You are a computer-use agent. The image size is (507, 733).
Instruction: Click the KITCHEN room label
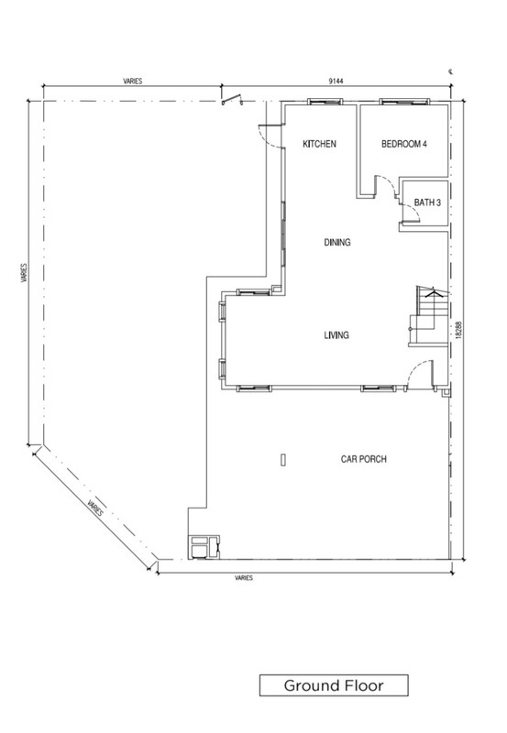click(319, 144)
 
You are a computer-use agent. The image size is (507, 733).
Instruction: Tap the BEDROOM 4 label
click(404, 144)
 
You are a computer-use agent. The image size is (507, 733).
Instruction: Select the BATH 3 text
click(427, 202)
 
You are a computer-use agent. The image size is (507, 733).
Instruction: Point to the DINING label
click(336, 242)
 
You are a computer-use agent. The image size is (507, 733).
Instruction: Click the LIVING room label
click(336, 334)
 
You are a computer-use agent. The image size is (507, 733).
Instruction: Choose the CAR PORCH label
click(363, 459)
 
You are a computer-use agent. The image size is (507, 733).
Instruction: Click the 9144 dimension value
click(336, 81)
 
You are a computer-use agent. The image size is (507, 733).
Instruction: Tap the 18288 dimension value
click(458, 330)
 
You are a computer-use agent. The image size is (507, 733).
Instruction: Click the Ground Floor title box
click(334, 685)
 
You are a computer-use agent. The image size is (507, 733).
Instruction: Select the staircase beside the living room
click(429, 316)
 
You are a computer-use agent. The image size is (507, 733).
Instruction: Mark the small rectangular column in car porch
click(283, 460)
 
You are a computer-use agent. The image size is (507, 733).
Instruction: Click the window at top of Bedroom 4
click(404, 101)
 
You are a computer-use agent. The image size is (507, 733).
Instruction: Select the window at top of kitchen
click(325, 101)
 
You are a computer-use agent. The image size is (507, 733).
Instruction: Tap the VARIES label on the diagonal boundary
click(95, 508)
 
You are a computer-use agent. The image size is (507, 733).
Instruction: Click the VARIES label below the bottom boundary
click(244, 578)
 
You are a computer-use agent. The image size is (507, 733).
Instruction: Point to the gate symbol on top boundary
click(232, 100)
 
